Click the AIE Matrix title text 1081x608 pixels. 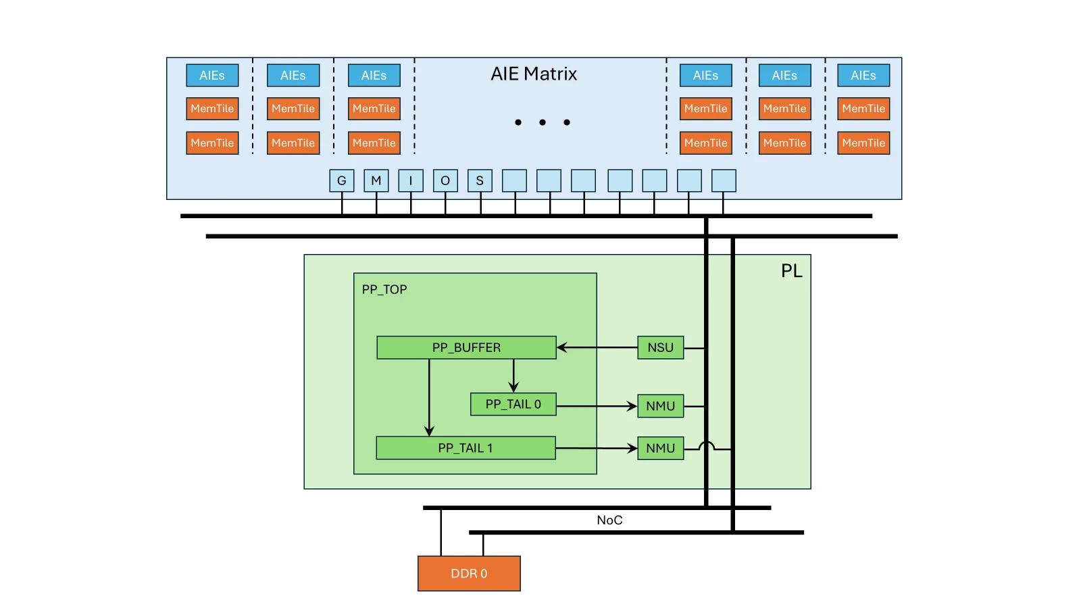click(x=534, y=74)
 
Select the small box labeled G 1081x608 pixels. click(x=342, y=180)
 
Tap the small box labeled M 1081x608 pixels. click(x=376, y=180)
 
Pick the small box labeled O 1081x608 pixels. click(x=445, y=180)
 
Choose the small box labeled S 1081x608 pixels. click(x=480, y=180)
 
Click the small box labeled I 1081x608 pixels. click(x=411, y=180)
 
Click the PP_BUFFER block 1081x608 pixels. click(x=466, y=347)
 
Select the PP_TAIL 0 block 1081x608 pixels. click(x=513, y=404)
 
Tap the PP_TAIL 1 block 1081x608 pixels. click(x=466, y=448)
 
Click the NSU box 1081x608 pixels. click(x=660, y=347)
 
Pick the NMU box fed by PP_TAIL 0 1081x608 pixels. click(x=660, y=406)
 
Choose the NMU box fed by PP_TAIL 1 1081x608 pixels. click(x=660, y=448)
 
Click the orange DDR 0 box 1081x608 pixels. click(x=469, y=574)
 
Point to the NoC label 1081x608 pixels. click(x=609, y=520)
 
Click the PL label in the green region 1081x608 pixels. click(x=791, y=271)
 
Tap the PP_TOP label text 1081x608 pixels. click(x=384, y=289)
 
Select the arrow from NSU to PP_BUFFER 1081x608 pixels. click(x=597, y=348)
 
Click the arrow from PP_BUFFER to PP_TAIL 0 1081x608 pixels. click(x=513, y=376)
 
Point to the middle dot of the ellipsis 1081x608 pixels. click(x=543, y=122)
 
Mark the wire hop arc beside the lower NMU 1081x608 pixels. click(x=707, y=446)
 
